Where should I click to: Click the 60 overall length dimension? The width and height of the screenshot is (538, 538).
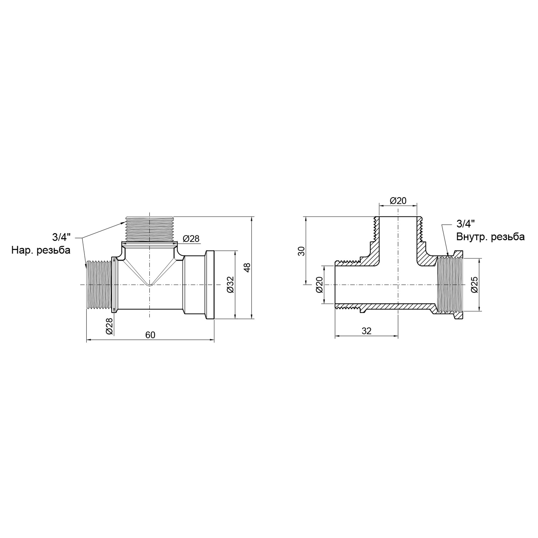(x=150, y=335)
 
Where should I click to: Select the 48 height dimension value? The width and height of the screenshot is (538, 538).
(x=247, y=267)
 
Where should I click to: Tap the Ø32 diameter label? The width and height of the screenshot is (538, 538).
(x=231, y=285)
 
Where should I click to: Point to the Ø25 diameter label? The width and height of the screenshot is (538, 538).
(x=475, y=285)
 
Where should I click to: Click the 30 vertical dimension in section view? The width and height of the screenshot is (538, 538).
(x=302, y=251)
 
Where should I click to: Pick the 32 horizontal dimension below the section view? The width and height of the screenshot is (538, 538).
(x=366, y=331)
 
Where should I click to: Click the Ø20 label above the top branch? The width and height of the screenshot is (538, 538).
(x=398, y=200)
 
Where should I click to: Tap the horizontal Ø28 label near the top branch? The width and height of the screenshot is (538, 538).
(x=191, y=239)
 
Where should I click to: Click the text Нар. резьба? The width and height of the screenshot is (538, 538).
(x=41, y=250)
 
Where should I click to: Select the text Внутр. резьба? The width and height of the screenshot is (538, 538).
(x=490, y=237)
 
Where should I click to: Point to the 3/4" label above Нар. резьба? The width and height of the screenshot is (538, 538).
(x=62, y=237)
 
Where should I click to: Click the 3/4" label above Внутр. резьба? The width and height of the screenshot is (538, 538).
(x=465, y=224)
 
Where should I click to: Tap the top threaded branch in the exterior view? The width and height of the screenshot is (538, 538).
(x=150, y=229)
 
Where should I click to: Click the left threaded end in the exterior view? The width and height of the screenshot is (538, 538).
(x=99, y=285)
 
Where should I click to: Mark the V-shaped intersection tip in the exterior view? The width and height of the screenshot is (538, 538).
(x=150, y=285)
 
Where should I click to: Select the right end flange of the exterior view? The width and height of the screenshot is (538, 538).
(x=210, y=285)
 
